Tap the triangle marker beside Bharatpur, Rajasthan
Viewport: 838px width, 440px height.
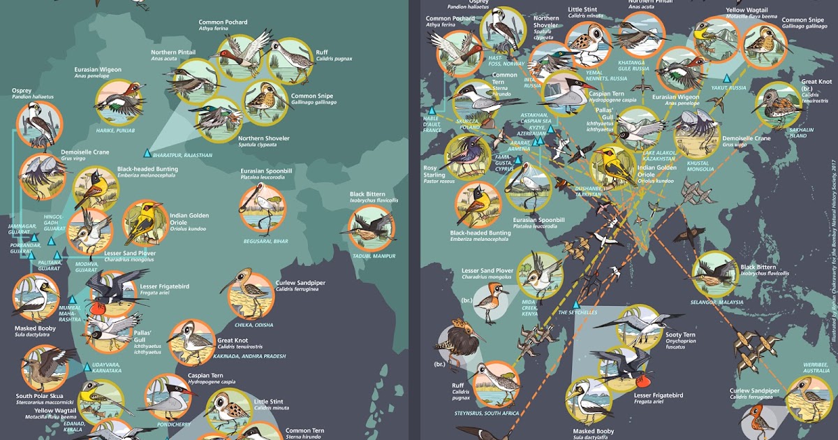click(147, 153)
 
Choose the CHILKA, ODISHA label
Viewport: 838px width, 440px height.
click(254, 325)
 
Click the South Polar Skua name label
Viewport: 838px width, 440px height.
click(41, 397)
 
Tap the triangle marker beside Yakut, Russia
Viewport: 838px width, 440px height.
click(727, 78)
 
